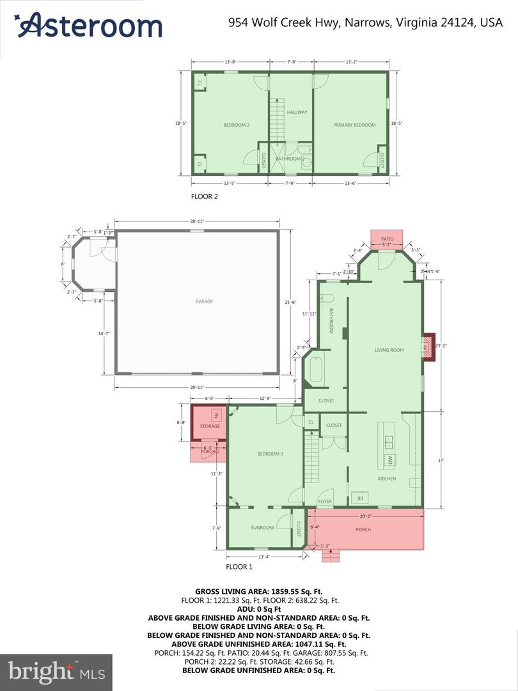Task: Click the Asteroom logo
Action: [89, 26]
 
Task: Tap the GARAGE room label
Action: [204, 301]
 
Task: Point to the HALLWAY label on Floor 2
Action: [297, 112]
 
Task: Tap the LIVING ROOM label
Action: [389, 350]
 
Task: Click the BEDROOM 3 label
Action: [270, 454]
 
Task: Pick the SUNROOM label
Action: [262, 527]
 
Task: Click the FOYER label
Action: [325, 502]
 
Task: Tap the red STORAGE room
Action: [209, 422]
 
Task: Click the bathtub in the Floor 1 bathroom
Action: [315, 369]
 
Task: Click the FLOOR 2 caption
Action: [205, 197]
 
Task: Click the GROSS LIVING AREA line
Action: [258, 592]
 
